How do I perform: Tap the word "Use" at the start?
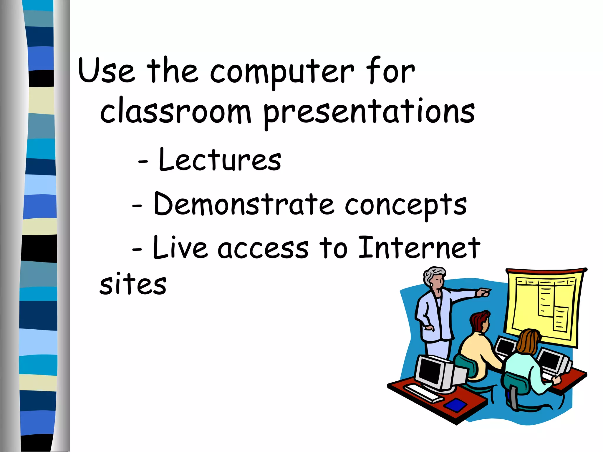106,71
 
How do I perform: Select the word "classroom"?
175,113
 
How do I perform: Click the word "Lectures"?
220,160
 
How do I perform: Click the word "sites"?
133,285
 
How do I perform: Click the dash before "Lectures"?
143,162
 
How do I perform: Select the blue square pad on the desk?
455,405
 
